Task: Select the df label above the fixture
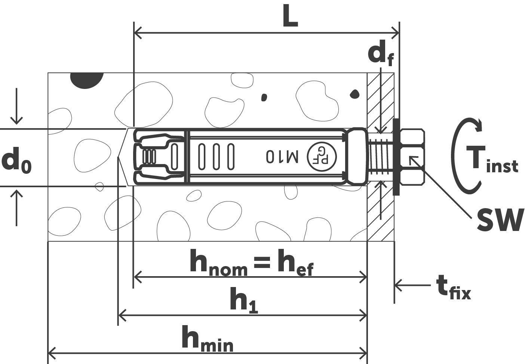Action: [381, 54]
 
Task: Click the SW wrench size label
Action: [501, 220]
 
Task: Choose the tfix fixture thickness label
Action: [453, 288]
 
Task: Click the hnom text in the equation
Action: [218, 263]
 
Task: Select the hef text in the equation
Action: [295, 263]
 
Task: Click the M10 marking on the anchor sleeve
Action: [282, 157]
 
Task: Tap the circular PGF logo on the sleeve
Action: [322, 157]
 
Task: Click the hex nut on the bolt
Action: [412, 157]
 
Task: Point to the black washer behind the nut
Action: [396, 157]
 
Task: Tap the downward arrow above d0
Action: [16, 106]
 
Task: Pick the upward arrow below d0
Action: [16, 208]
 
